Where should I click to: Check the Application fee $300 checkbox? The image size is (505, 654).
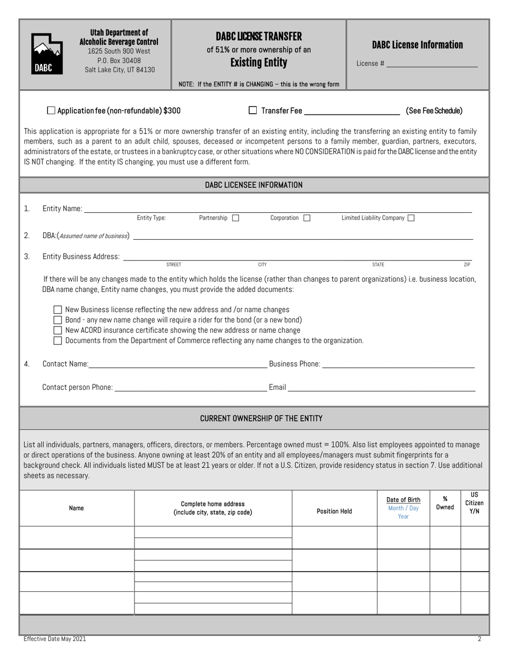(51, 111)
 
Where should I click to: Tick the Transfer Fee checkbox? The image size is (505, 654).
(253, 111)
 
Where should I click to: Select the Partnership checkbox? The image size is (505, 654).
(236, 217)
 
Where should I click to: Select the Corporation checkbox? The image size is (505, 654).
(307, 217)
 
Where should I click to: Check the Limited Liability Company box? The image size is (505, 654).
(411, 217)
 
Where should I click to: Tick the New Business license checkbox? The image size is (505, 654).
(58, 309)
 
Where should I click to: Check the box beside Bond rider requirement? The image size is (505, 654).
(58, 320)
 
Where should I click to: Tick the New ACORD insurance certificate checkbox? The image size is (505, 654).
(58, 330)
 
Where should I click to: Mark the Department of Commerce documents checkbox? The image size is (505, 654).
(58, 340)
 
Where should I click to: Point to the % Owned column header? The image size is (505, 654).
(445, 503)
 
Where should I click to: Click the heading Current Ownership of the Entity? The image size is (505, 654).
(261, 418)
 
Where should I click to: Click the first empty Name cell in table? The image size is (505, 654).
(77, 538)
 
